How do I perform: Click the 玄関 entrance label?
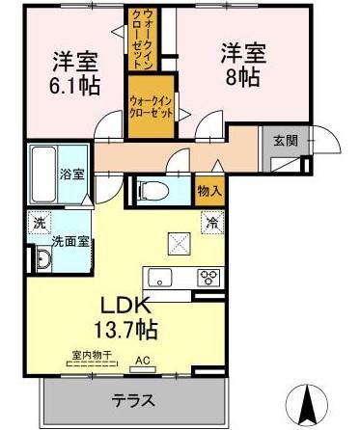(x=286, y=141)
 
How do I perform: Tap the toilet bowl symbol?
(x=153, y=193)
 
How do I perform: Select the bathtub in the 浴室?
(x=43, y=175)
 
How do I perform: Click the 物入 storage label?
(x=209, y=192)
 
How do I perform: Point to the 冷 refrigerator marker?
(x=212, y=223)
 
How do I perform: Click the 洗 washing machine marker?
(x=40, y=223)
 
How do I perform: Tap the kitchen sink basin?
(x=159, y=278)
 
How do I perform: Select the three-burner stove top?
(x=208, y=277)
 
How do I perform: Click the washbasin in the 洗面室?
(x=43, y=258)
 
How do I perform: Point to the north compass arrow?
(x=308, y=401)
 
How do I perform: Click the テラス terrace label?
(x=133, y=400)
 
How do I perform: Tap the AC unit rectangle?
(x=143, y=369)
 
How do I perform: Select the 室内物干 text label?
(x=92, y=356)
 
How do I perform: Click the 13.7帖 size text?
(x=125, y=329)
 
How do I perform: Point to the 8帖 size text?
(x=242, y=77)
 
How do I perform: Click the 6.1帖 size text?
(x=74, y=86)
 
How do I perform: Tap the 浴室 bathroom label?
(x=72, y=175)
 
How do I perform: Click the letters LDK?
(x=125, y=306)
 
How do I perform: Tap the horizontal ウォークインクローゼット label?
(x=151, y=107)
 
